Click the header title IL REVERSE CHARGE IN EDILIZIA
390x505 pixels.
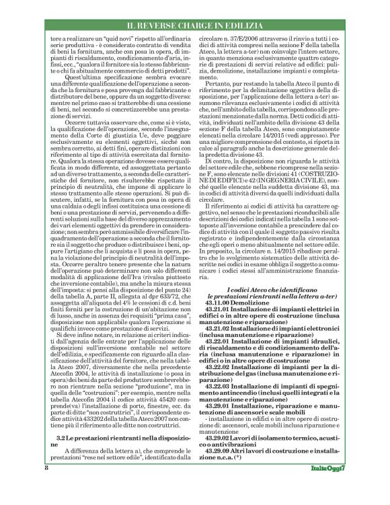195,27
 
